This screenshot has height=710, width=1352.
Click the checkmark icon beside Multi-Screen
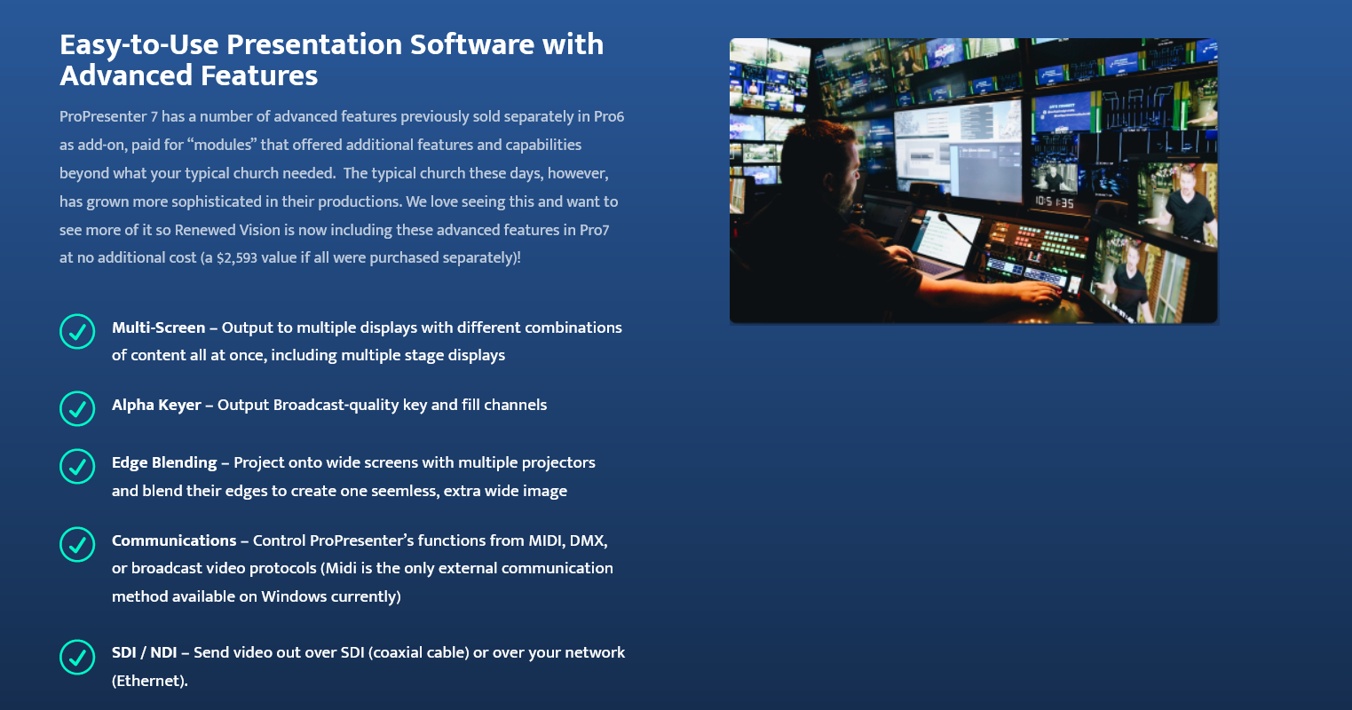(x=77, y=331)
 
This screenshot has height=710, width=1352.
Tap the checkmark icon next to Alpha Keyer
(x=77, y=408)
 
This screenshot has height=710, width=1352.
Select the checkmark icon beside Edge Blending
(x=77, y=466)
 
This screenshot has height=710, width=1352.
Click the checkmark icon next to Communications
(x=77, y=544)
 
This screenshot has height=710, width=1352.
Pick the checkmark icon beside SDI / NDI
(x=77, y=657)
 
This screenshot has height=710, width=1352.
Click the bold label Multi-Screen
(x=158, y=327)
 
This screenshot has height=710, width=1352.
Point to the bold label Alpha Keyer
(x=156, y=405)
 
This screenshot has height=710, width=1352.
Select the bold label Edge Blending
(x=164, y=462)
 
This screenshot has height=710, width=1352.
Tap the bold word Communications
(x=174, y=540)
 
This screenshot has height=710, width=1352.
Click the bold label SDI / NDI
(x=144, y=652)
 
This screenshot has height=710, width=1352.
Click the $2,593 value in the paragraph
(x=237, y=258)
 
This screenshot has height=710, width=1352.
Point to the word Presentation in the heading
(x=314, y=44)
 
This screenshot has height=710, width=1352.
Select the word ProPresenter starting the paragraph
(x=103, y=116)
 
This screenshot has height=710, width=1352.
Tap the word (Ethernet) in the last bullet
(x=150, y=681)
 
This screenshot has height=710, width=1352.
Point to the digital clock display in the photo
(x=1055, y=202)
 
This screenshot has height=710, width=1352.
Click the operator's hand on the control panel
(x=1036, y=295)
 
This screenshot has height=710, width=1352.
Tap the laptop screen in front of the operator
(x=945, y=238)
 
